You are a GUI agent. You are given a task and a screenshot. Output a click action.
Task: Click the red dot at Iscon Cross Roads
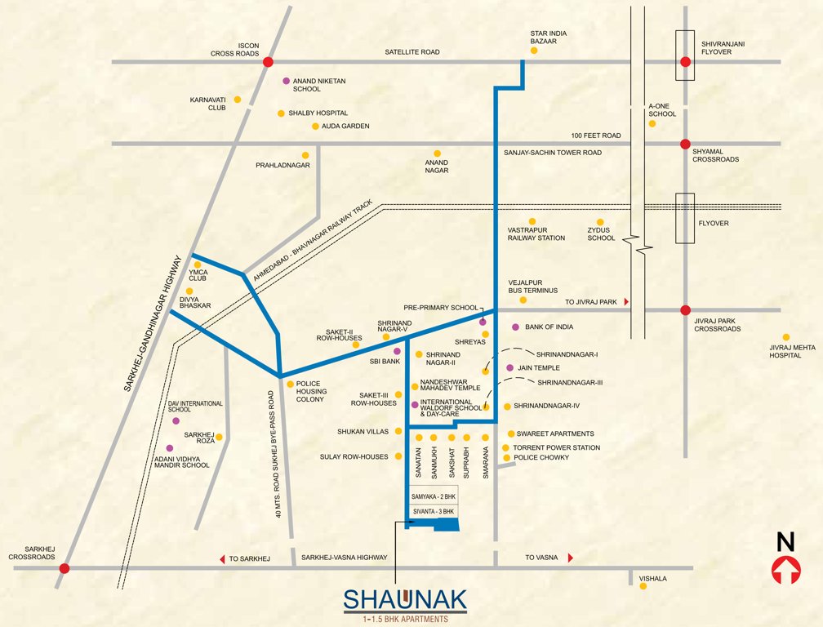click(x=268, y=61)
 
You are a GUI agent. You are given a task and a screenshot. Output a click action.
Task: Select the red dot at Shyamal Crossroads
click(x=685, y=144)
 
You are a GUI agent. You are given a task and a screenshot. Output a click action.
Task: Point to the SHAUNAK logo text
click(x=405, y=599)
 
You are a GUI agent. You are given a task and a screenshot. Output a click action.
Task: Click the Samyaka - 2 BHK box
click(x=434, y=496)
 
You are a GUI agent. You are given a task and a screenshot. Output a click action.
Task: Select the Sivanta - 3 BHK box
click(x=434, y=511)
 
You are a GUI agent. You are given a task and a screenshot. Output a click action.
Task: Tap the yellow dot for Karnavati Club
click(x=238, y=100)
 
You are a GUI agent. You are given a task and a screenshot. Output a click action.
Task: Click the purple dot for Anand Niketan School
click(x=286, y=81)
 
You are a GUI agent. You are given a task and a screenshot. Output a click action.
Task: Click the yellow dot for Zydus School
click(x=599, y=221)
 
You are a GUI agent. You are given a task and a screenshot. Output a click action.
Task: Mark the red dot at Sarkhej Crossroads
click(x=65, y=568)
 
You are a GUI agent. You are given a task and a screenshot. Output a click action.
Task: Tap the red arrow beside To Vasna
click(x=570, y=558)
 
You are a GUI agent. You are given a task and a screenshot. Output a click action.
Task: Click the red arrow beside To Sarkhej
click(x=222, y=558)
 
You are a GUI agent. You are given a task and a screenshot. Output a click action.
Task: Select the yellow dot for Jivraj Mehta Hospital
click(x=786, y=337)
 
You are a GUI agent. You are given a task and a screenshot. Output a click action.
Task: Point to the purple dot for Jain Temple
click(x=509, y=368)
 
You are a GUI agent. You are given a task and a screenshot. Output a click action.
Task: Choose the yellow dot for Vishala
click(x=643, y=585)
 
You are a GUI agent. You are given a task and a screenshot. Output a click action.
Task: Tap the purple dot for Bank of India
click(x=515, y=327)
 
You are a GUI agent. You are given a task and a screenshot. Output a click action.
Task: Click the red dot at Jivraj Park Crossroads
click(x=685, y=309)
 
